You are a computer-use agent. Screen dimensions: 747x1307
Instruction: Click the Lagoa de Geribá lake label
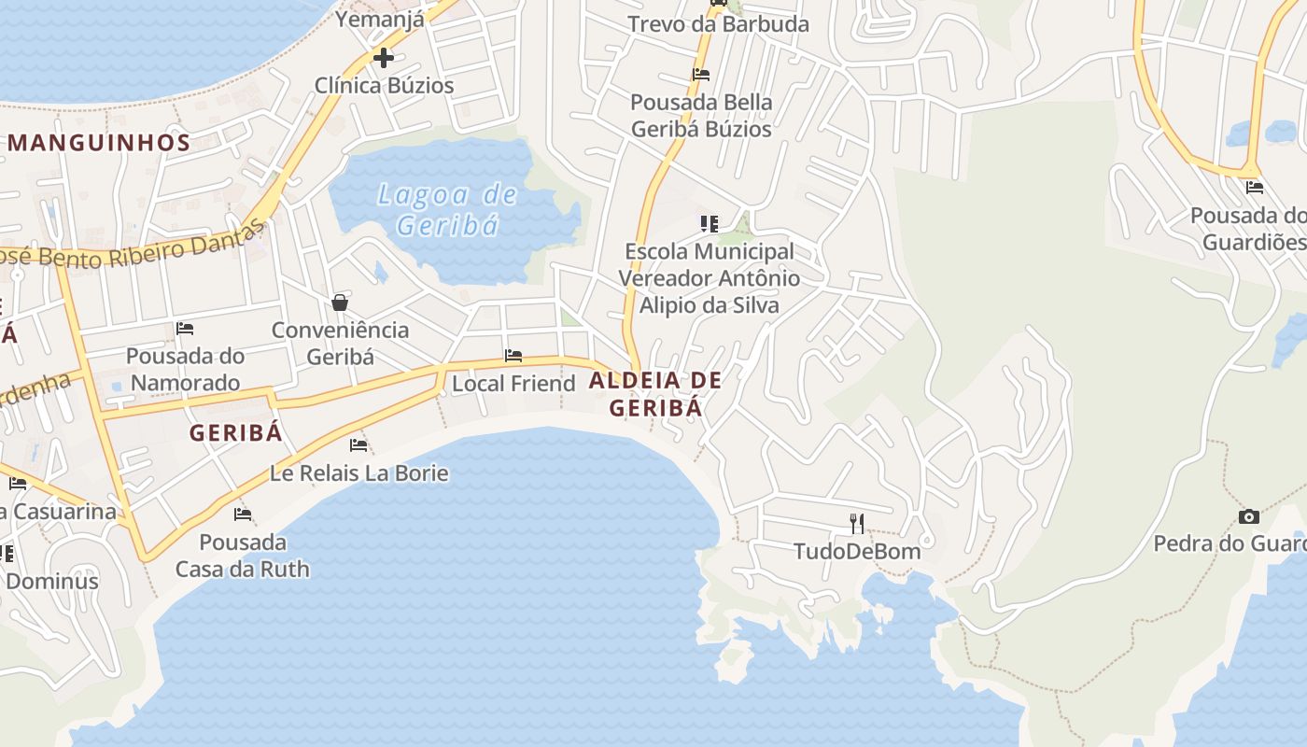(x=447, y=210)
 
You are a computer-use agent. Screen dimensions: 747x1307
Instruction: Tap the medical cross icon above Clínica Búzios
(x=383, y=58)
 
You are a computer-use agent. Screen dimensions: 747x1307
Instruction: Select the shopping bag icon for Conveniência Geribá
(x=340, y=303)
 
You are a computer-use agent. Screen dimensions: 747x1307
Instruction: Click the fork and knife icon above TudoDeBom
(x=857, y=523)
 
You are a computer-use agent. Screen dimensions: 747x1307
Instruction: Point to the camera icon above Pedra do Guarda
(x=1248, y=516)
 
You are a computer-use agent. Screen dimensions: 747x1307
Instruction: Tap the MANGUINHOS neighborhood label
(x=99, y=143)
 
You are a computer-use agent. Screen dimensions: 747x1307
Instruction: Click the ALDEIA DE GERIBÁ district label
(x=655, y=393)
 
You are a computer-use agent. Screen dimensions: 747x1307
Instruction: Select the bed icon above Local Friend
(x=513, y=356)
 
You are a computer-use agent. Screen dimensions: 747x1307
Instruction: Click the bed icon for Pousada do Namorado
(x=185, y=329)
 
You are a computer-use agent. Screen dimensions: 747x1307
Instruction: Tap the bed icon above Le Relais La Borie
(x=358, y=445)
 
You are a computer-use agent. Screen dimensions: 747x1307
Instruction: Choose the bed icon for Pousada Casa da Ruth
(x=243, y=514)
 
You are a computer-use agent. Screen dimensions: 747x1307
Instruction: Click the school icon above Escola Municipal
(x=710, y=224)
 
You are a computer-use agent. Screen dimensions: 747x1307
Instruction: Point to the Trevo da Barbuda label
(x=718, y=24)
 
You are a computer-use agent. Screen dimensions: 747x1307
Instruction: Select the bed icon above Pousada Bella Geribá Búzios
(x=701, y=75)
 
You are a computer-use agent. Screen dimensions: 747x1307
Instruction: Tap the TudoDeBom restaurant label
(x=857, y=551)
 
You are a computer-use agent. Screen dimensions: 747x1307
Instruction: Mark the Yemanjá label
(x=380, y=19)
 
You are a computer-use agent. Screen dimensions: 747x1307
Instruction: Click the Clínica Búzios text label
(x=384, y=86)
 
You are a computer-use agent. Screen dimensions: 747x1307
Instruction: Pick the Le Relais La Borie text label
(x=359, y=473)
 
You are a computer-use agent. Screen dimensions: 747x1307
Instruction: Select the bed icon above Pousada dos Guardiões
(x=1255, y=188)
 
